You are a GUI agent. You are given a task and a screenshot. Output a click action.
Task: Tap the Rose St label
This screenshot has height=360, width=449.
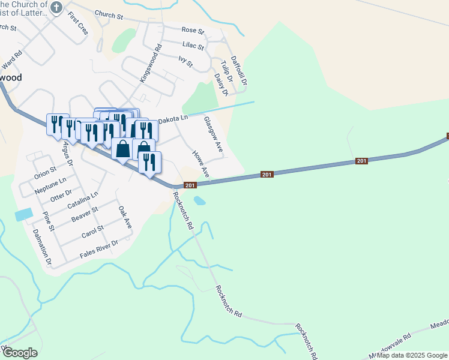tap(193, 30)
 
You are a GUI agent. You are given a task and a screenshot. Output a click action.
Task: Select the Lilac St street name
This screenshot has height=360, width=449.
tap(193, 46)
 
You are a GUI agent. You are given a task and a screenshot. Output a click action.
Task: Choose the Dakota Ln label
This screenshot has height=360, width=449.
tap(173, 119)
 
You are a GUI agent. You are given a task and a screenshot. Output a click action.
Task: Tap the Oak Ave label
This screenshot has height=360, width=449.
tap(125, 217)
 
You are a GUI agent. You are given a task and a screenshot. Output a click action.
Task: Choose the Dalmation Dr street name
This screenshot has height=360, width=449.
tap(42, 247)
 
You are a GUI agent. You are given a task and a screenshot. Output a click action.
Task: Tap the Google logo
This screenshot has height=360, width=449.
tap(20, 353)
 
